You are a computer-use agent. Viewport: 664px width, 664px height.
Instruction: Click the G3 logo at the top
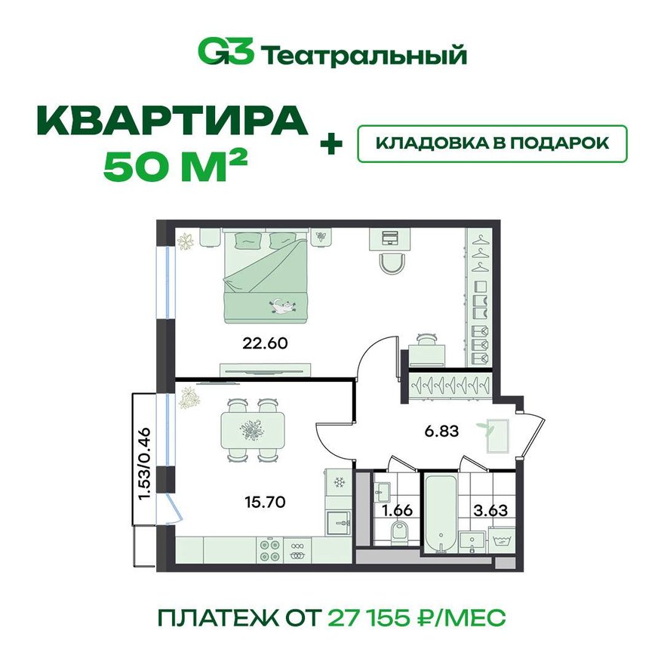pos(226,52)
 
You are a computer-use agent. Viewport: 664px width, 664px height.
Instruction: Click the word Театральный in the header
pos(364,54)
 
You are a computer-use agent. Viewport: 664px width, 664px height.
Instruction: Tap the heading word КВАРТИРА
pos(173,121)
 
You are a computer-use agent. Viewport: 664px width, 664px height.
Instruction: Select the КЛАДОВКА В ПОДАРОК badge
pos(492,143)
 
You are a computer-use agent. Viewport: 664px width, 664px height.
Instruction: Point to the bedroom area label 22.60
pos(265,343)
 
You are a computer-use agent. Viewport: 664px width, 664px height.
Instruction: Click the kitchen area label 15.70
pos(265,503)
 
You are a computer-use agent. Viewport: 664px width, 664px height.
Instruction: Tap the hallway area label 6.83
pos(441,431)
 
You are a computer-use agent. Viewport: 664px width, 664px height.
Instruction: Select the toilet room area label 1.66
pos(397,510)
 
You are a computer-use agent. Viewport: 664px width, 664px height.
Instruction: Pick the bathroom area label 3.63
pos(490,510)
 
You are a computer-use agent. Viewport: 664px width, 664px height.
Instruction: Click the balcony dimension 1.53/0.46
pos(144,463)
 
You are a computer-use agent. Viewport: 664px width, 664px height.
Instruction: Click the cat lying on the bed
pos(279,306)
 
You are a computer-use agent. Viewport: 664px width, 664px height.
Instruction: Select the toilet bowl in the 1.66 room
pos(399,530)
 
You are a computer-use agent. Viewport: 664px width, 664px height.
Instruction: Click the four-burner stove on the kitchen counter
pos(270,550)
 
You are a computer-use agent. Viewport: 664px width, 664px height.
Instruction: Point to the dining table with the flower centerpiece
pos(253,430)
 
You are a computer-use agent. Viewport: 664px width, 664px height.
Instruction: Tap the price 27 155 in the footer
pos(369,618)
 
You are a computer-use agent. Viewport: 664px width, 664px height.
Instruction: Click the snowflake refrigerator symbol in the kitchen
pos(339,482)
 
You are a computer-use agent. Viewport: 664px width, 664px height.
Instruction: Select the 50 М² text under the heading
pos(175,168)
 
